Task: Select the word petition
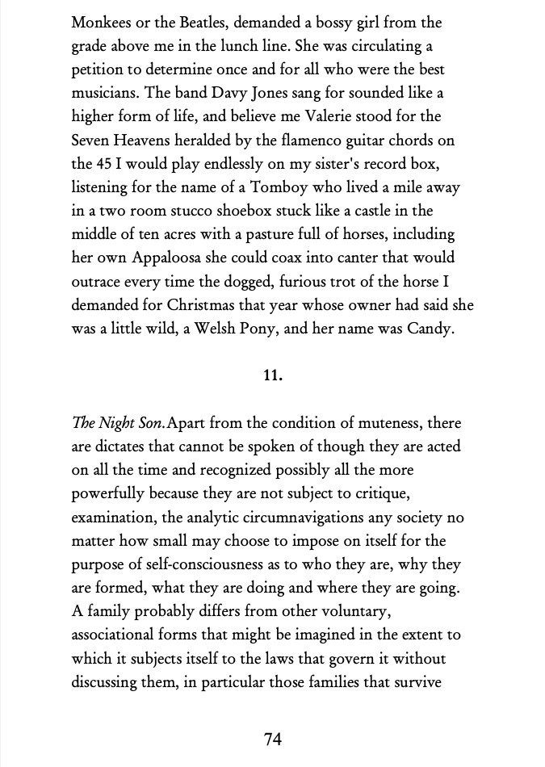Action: click(x=97, y=69)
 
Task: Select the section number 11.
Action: click(x=273, y=375)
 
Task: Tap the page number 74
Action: click(x=273, y=739)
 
